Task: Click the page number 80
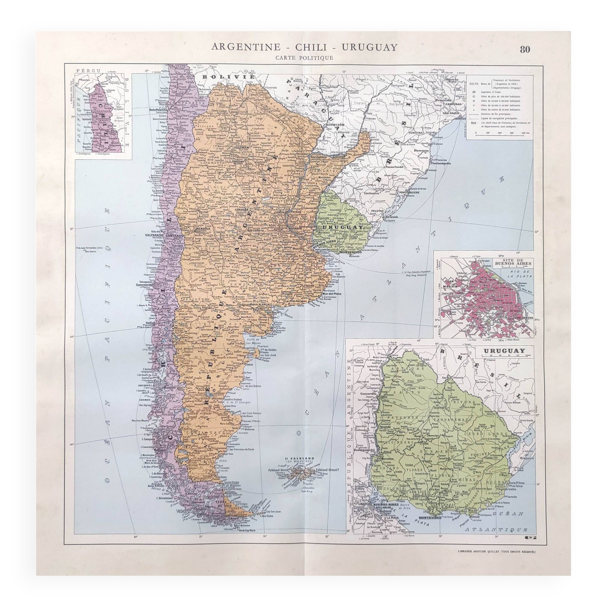click(525, 50)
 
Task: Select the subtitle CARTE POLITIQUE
click(303, 57)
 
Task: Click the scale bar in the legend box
click(499, 133)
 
